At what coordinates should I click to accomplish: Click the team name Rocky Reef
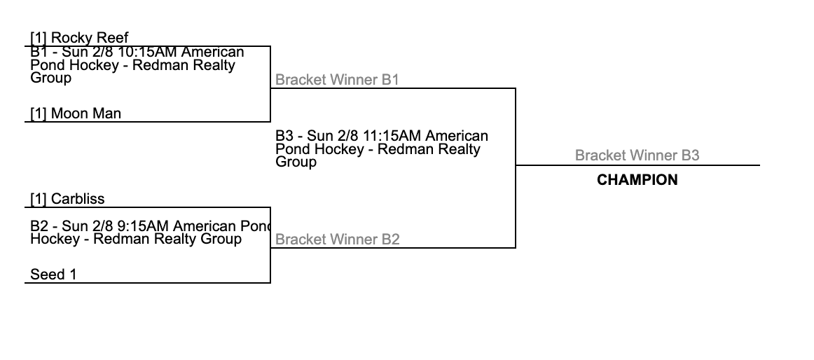90,38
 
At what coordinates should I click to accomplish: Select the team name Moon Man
85,113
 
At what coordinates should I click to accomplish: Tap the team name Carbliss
78,199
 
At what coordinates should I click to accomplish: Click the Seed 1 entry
53,275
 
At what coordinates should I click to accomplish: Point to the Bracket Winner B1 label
337,80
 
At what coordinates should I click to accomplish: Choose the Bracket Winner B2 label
337,240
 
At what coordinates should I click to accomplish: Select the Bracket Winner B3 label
637,155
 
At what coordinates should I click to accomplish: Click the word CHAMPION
637,180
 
